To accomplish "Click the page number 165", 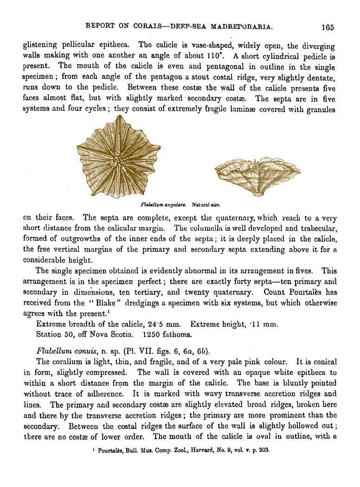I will point(327,27).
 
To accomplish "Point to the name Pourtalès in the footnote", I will point(106,449).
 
